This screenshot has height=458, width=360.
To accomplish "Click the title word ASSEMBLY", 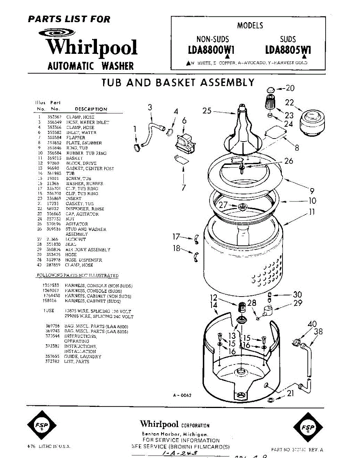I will pos(228,82).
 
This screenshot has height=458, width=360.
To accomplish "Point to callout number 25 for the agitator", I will pos(207,111).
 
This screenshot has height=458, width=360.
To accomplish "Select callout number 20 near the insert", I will pos(290,88).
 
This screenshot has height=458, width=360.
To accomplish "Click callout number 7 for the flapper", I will pos(184,187).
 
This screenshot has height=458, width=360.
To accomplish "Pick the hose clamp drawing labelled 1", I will pos(136,147).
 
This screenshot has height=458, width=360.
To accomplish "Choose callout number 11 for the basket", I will pos(312,212).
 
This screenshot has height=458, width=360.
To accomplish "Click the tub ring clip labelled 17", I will pos(197,239).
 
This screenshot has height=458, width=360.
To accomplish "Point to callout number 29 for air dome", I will pos(297,304).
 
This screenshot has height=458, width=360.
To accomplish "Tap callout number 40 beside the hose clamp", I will pos(312,324).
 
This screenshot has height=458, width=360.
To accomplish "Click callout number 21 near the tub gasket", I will pos(290,393).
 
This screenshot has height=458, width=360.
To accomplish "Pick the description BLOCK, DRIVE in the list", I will pos(81,163).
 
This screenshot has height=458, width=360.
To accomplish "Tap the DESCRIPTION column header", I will pos(91,109).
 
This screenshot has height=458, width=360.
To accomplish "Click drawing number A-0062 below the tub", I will pos(182,395).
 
